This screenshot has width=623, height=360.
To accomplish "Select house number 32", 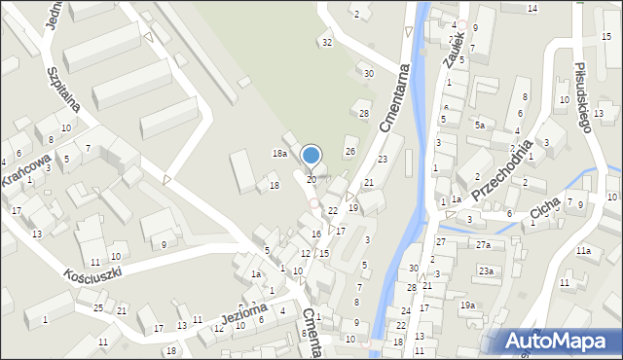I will point(327,42).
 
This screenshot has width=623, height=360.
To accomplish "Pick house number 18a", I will point(279,154).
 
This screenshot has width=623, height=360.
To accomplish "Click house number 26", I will point(350,151).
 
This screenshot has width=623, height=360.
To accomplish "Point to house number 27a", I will point(483,245).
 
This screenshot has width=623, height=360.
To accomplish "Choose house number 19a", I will point(468,306).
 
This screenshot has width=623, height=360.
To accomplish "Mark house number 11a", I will point(583,251).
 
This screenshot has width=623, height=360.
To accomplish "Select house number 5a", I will point(479,126).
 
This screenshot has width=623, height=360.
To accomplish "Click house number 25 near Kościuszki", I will point(98,307).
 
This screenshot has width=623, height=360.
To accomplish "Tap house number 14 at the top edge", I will point(531,8).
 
